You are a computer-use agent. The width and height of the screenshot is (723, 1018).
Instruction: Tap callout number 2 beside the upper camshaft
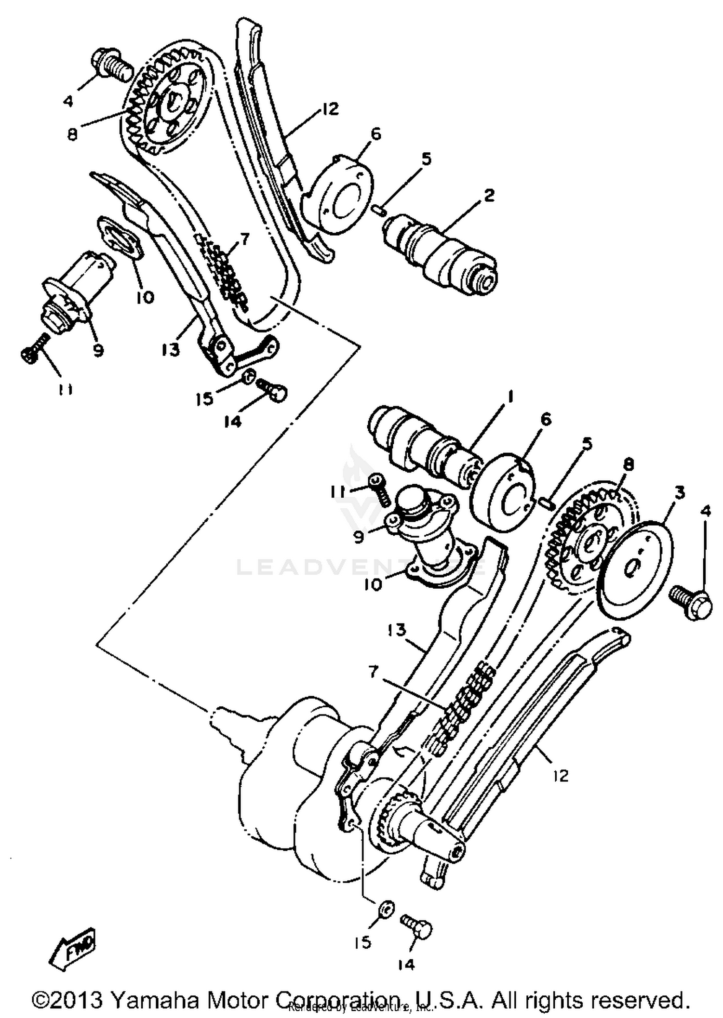tap(489, 196)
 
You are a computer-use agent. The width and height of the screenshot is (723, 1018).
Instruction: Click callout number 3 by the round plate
tap(679, 493)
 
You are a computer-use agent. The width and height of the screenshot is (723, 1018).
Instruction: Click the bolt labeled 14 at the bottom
tap(418, 926)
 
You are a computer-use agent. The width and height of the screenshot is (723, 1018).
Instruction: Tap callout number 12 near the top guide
tap(330, 109)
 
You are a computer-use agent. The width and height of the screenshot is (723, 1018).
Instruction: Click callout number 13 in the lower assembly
tap(397, 630)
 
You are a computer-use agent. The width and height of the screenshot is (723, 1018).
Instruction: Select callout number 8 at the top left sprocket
tap(72, 134)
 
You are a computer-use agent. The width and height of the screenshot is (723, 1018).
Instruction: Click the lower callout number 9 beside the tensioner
tap(359, 537)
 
